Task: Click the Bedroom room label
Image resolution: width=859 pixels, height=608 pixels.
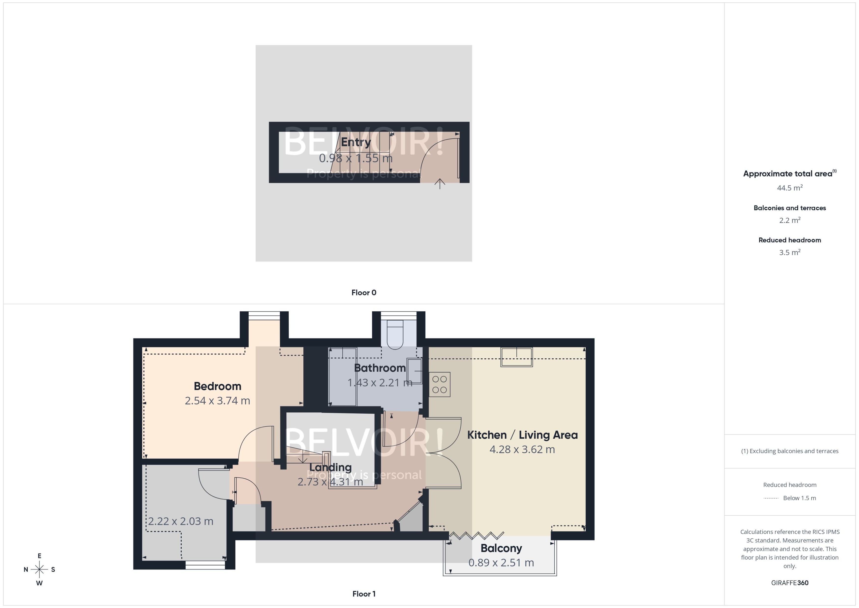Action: pos(217,386)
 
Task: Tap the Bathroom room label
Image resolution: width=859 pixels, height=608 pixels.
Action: pos(380,368)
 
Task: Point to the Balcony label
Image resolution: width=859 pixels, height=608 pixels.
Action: pos(501,548)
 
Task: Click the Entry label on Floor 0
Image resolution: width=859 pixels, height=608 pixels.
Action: pos(356,142)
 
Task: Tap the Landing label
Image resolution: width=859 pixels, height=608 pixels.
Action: pos(331,467)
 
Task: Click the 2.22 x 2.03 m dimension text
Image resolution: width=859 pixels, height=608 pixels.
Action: pos(181,521)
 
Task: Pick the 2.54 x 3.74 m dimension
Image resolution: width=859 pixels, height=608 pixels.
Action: pos(217,401)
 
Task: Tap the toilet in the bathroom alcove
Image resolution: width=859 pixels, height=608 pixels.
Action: pos(395,333)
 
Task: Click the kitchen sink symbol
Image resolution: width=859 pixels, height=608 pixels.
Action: pos(517,357)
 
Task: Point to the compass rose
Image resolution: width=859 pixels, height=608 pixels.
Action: pos(39,569)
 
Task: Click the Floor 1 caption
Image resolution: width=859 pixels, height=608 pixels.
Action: pos(364,594)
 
